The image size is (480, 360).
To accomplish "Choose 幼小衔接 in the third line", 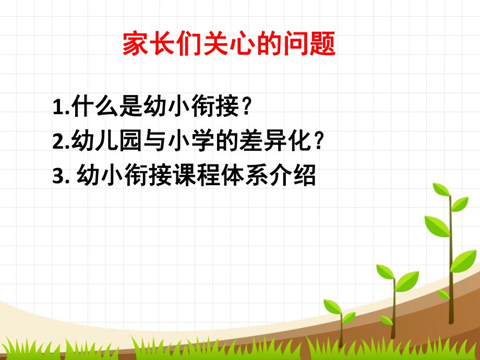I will tap(123, 176).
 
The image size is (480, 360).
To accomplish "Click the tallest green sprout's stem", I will tap(450, 261).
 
